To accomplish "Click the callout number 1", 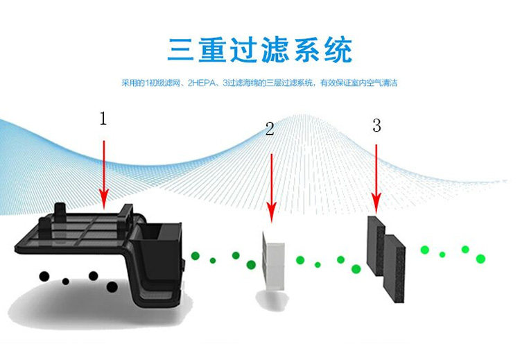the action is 103,119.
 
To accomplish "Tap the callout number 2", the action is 270,128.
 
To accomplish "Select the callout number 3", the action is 376,126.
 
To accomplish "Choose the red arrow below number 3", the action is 376,177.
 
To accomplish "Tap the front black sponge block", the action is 396,264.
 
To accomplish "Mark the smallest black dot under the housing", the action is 65,281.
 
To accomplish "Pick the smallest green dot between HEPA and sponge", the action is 318,264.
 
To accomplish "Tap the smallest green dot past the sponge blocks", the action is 442,255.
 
